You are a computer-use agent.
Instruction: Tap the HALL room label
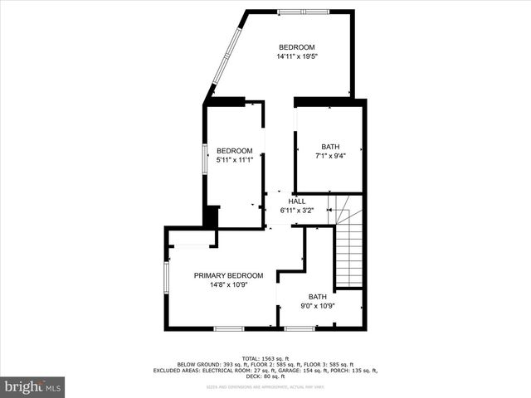[296, 201]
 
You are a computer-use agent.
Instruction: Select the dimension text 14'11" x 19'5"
[297, 56]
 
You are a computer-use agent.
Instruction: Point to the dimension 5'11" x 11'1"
[234, 160]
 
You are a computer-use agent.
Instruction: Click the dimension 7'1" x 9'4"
[330, 156]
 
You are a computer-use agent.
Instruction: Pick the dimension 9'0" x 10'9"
[317, 306]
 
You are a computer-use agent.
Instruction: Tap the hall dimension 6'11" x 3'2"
[296, 211]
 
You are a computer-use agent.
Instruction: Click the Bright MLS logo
[32, 386]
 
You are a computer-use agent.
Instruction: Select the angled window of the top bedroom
[222, 56]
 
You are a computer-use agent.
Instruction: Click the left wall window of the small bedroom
[205, 158]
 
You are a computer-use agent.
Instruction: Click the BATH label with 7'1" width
[330, 147]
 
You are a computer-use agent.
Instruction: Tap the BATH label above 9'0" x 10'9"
[317, 297]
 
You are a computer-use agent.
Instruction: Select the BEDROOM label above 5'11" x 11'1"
[234, 151]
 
